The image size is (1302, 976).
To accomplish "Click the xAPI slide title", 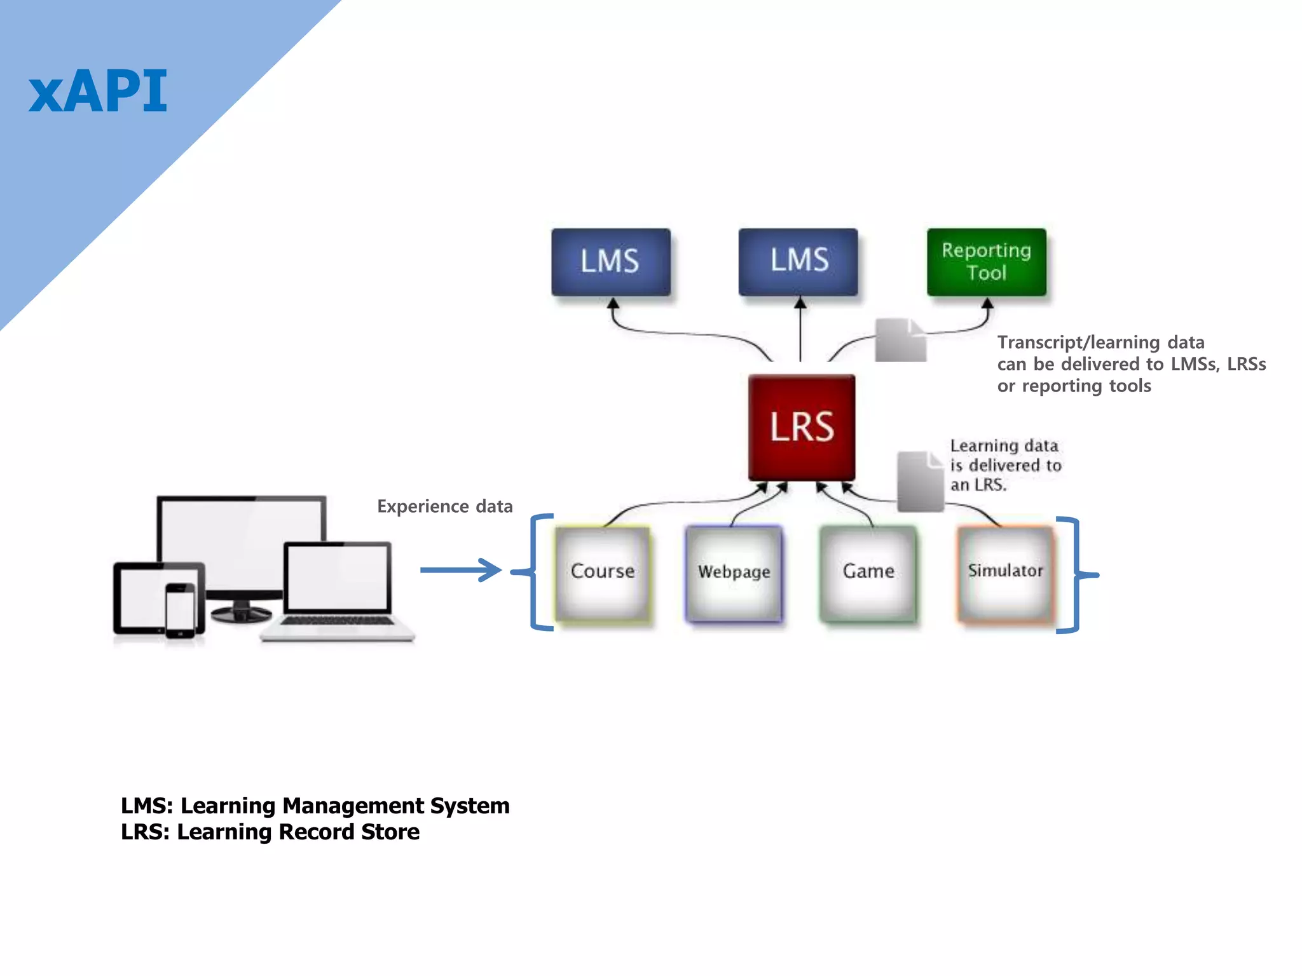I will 98,92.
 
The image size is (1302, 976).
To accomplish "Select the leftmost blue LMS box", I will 610,262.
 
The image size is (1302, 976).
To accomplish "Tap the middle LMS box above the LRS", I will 798,261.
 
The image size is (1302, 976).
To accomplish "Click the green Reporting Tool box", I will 986,261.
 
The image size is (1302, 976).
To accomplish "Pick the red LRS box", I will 802,426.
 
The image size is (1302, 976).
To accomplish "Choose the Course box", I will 602,571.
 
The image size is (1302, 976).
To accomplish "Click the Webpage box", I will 734,572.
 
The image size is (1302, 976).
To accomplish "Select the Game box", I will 868,572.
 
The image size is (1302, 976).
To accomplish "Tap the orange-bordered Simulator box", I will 1005,571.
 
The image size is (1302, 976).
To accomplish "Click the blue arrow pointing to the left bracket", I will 461,570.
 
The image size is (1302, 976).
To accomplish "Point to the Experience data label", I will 444,506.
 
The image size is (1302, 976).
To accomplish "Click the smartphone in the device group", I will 181,610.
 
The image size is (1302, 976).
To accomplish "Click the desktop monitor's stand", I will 242,611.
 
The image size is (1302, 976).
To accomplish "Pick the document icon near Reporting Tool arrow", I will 900,341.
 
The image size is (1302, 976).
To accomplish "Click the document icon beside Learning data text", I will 920,482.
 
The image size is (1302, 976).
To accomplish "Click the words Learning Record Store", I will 298,832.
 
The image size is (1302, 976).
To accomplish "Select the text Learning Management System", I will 345,806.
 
